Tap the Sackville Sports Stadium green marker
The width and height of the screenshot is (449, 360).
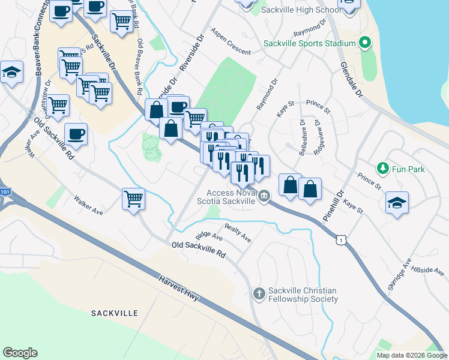(x=364, y=43)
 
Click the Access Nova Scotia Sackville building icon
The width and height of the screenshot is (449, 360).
(x=264, y=196)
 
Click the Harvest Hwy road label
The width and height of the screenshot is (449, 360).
(x=179, y=290)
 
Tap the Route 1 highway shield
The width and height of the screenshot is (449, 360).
(x=342, y=240)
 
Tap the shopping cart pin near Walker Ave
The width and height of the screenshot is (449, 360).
(x=133, y=198)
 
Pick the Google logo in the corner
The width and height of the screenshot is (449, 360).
(x=20, y=352)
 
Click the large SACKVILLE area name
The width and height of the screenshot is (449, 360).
(x=115, y=313)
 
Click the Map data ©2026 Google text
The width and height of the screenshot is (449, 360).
(x=412, y=355)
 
